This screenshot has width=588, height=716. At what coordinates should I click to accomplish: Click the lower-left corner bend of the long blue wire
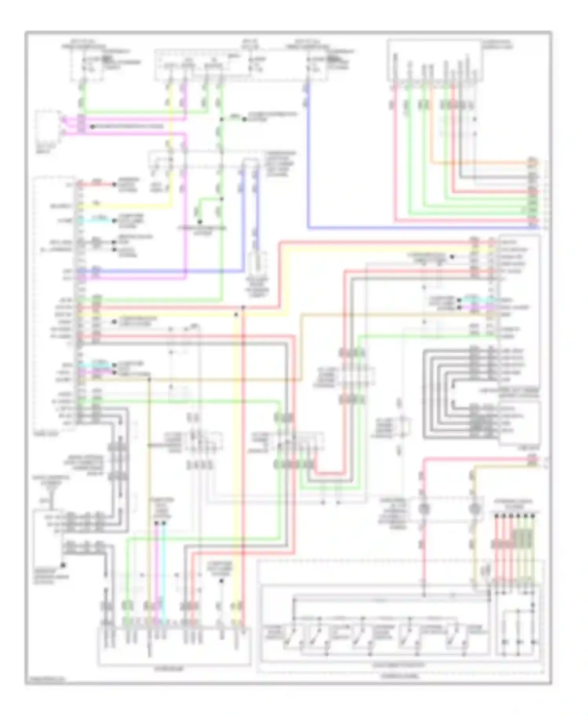pos(309,227)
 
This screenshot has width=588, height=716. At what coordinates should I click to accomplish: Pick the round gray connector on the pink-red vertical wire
pos(424,509)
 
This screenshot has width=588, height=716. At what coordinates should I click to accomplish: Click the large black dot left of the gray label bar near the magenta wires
pos(93,127)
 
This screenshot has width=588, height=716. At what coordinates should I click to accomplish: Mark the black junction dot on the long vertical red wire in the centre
pos(243,308)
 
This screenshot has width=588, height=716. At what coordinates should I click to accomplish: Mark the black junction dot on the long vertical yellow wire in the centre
pos(236,315)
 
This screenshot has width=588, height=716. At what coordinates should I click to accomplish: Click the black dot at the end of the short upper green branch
pos(244,119)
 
